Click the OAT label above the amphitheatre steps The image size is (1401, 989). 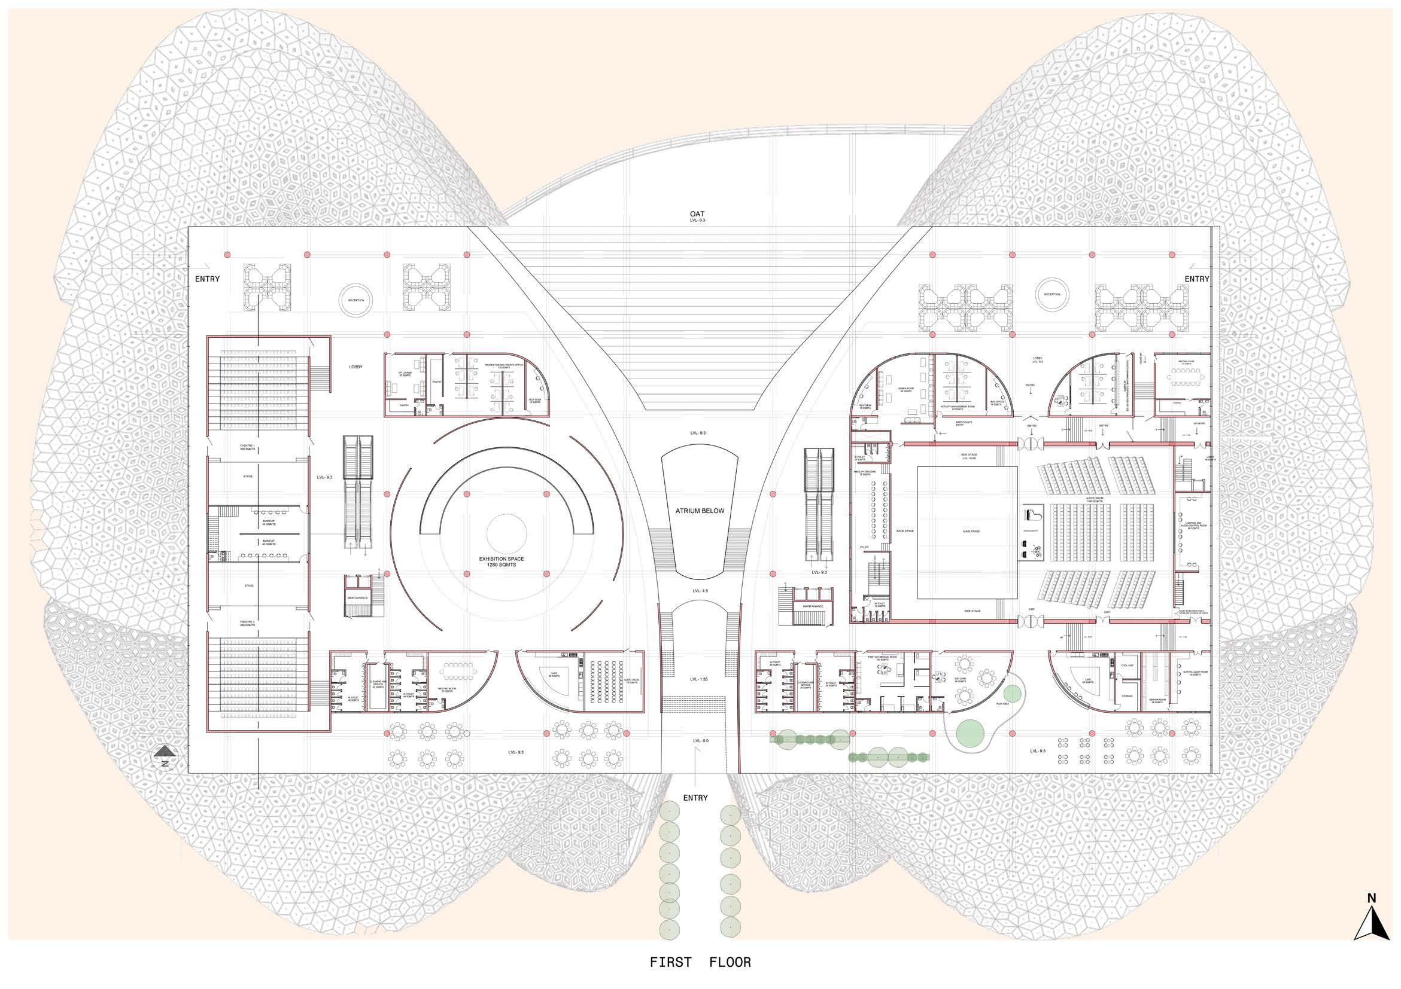[x=697, y=214]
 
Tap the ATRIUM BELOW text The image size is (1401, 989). [x=699, y=511]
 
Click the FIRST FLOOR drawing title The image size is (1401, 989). [x=700, y=963]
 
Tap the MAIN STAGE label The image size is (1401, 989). [x=971, y=531]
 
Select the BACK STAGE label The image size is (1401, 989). [x=905, y=531]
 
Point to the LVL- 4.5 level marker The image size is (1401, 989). [x=700, y=591]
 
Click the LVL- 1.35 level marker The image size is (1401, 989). [x=699, y=679]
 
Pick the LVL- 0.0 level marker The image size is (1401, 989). [x=700, y=740]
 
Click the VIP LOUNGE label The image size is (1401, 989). [x=405, y=374]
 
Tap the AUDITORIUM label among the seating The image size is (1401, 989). [x=1093, y=499]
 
